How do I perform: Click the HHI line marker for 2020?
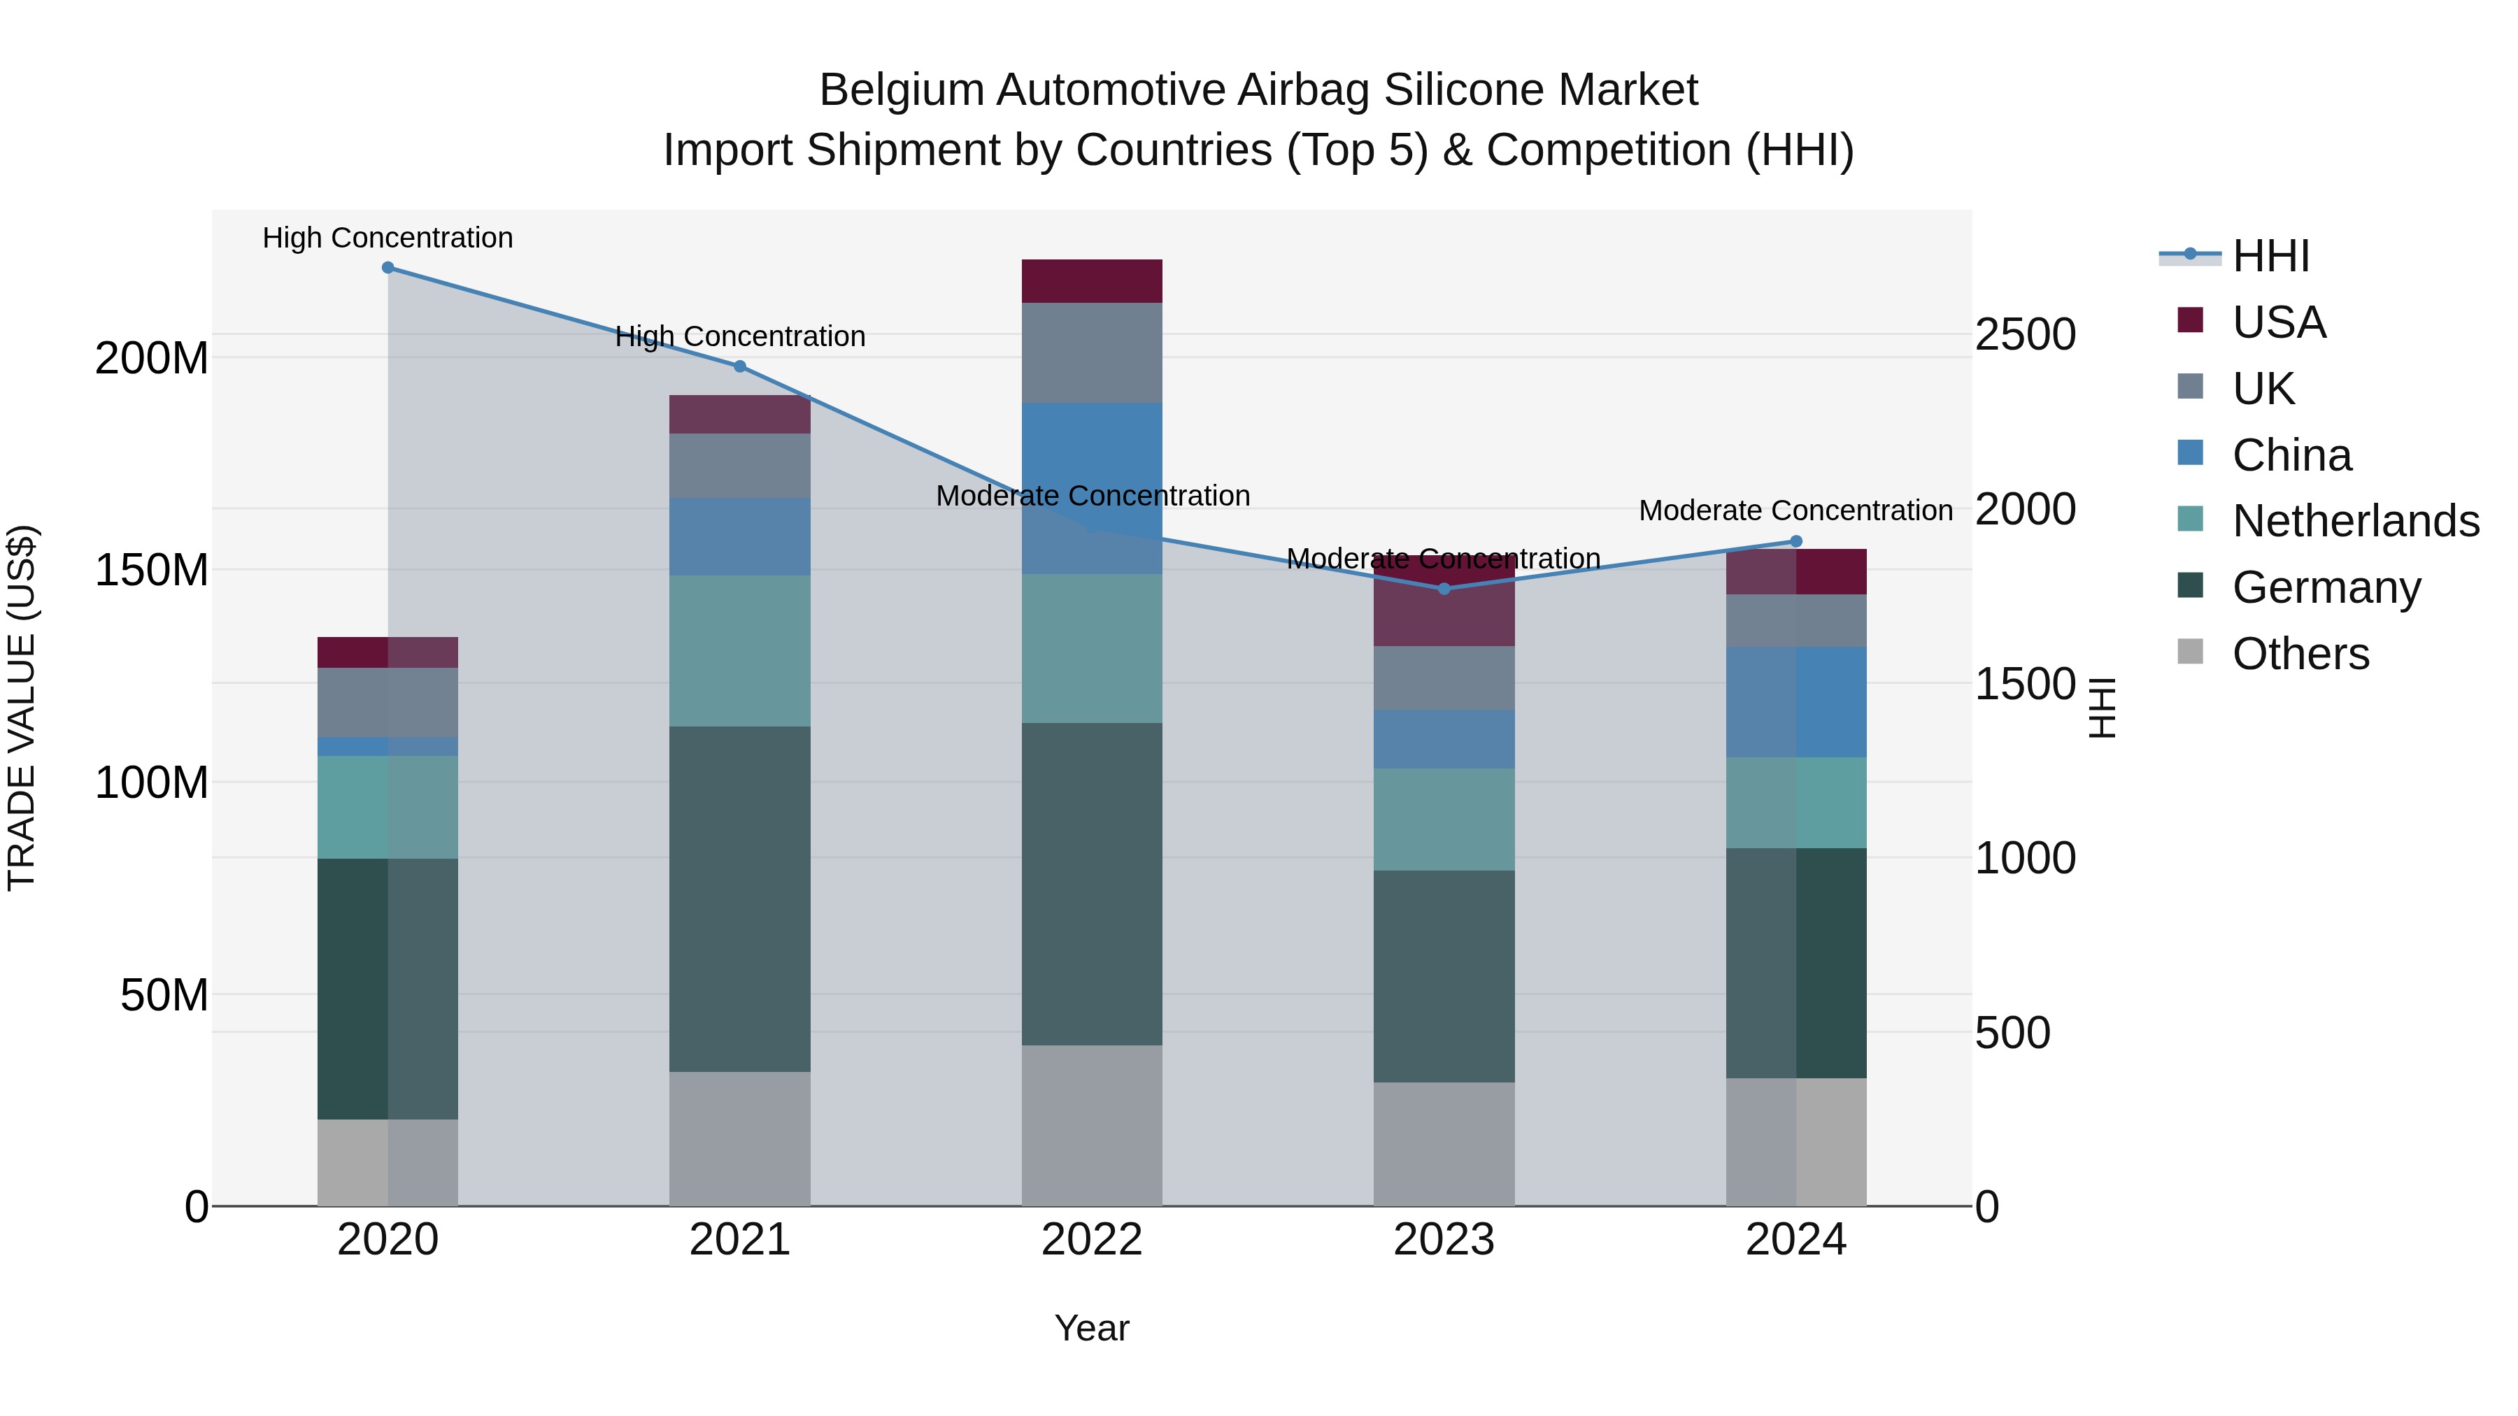coord(388,268)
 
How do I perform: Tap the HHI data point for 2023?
coord(1444,588)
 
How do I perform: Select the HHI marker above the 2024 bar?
coord(1795,541)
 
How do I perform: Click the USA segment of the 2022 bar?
coord(1092,281)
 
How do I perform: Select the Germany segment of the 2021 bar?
coord(740,899)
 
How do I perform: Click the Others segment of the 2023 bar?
coord(1444,1143)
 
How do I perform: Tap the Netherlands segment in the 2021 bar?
coord(740,651)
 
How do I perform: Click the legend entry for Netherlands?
coord(2356,521)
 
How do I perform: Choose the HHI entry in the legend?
coord(2270,256)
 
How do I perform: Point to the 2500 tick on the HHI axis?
coord(2026,335)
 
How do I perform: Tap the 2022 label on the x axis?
coord(1092,1240)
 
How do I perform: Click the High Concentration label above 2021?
coord(740,336)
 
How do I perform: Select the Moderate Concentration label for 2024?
coord(1795,510)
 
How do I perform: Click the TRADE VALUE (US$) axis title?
coord(22,708)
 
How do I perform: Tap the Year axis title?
coord(1092,1328)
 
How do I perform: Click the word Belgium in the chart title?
coord(900,90)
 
